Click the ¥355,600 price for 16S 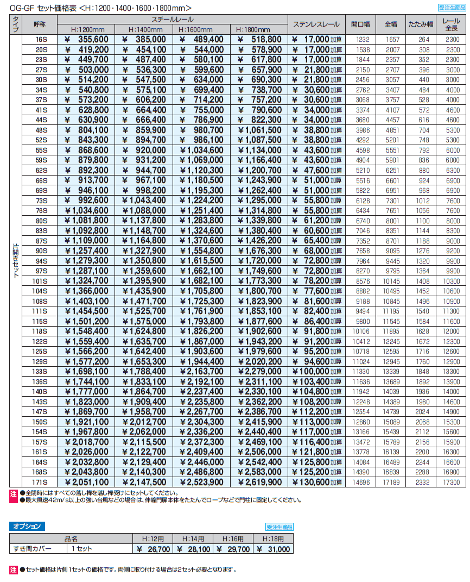point(87,39)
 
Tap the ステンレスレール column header point(316,24)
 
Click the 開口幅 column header point(360,24)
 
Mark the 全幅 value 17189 point(391,482)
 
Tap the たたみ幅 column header point(421,24)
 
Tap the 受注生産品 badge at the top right point(451,8)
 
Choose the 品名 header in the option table point(71,539)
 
